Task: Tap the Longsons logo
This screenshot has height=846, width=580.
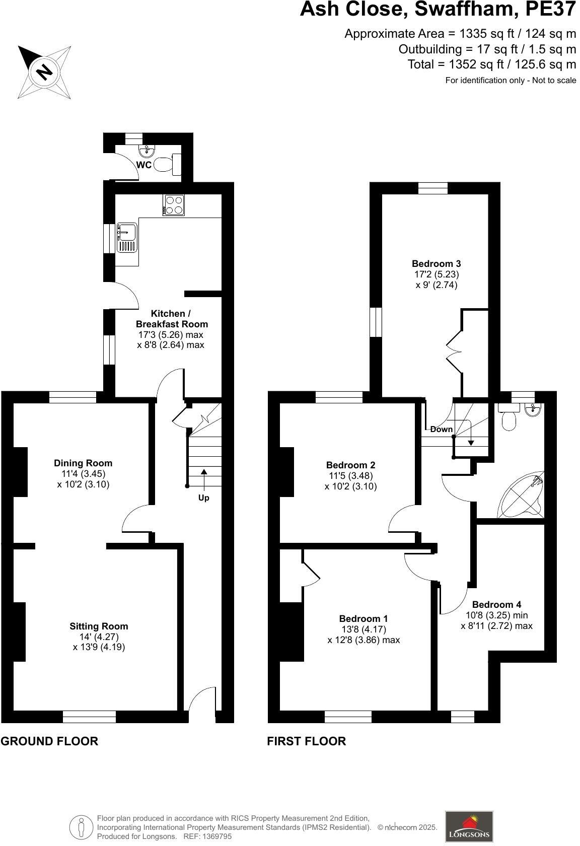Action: pos(469,826)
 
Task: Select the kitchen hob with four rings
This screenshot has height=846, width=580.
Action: pos(174,205)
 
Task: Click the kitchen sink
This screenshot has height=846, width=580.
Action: pos(126,238)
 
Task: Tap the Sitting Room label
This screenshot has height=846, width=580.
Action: pos(99,626)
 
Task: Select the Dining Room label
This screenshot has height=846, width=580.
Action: pos(83,463)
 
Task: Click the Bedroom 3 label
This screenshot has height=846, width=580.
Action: pos(436,263)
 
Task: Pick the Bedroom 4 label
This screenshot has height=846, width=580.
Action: pos(496,605)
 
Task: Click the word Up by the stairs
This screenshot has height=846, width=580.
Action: pos(203,498)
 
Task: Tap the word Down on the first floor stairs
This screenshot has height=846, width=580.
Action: pos(441,430)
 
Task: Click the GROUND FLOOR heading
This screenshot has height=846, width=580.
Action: pos(49,741)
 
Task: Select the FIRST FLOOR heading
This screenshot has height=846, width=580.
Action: pos(306,741)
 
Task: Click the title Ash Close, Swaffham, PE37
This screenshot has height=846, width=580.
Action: pos(438,10)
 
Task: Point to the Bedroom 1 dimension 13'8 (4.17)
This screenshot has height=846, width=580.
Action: pos(363,629)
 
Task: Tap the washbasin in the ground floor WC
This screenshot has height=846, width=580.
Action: pos(147,150)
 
